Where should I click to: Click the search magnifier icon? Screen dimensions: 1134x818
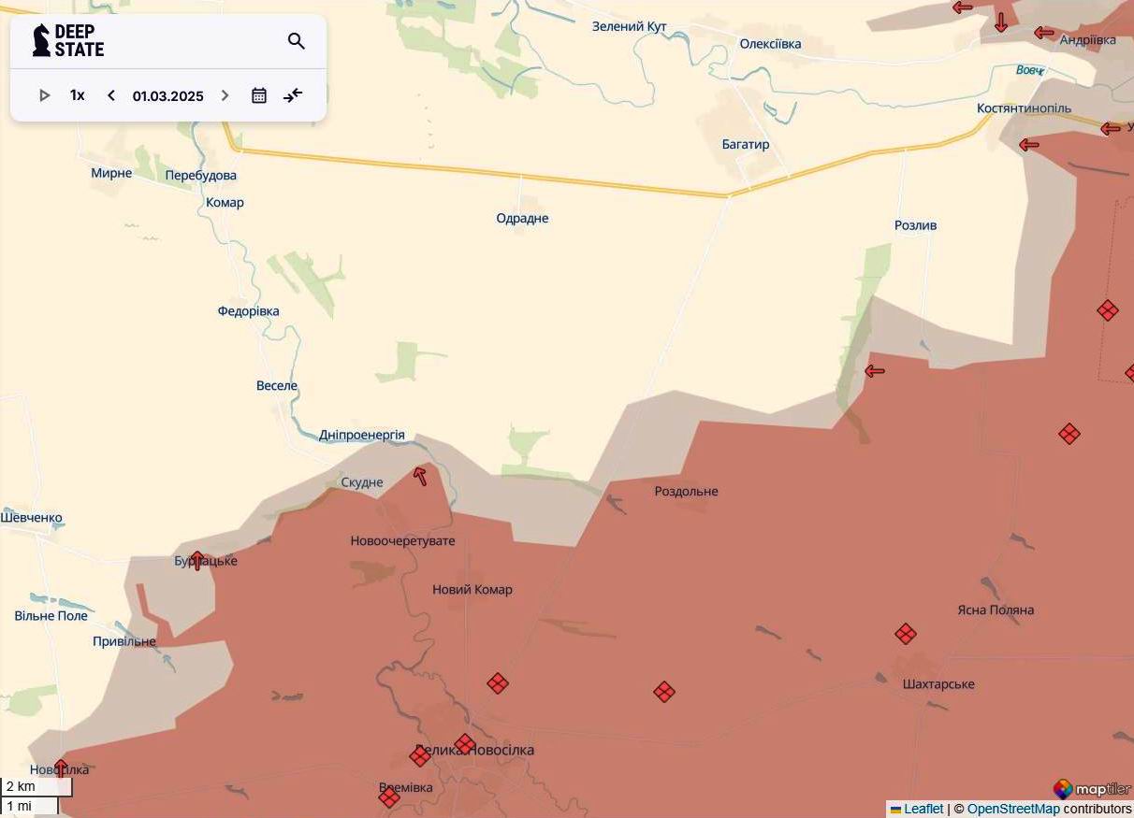[x=297, y=41]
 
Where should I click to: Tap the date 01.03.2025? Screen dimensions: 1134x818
[x=167, y=95]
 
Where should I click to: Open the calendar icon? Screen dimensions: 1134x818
[x=259, y=95]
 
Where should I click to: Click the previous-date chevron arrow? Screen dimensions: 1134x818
[x=111, y=95]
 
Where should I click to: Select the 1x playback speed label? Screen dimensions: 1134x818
[x=77, y=95]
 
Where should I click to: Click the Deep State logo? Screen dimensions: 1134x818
[x=68, y=41]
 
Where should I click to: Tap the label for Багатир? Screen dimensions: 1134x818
[x=745, y=144]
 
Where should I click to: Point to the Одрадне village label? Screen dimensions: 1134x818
[x=522, y=218]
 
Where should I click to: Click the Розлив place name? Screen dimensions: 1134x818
[x=915, y=225]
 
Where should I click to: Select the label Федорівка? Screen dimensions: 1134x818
[x=248, y=311]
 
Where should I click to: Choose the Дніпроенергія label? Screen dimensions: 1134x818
[x=361, y=435]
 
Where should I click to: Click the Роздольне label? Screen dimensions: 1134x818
[x=686, y=491]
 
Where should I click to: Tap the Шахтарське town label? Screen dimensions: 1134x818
[x=938, y=683]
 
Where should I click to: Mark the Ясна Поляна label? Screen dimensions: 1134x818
[x=996, y=610]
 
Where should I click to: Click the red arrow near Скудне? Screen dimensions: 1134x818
[x=420, y=476]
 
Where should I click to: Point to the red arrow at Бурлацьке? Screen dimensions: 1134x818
[x=196, y=560]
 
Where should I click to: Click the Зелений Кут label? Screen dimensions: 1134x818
[x=629, y=26]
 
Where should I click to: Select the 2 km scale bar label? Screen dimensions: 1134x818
[x=21, y=786]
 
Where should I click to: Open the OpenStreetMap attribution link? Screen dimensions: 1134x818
[x=1013, y=809]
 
